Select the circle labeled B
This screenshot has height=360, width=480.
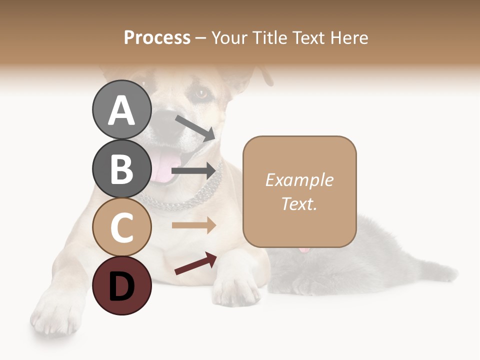pos(121,168)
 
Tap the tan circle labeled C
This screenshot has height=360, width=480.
pos(121,227)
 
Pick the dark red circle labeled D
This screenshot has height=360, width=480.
pos(121,285)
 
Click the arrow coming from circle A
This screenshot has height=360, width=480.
pos(194,128)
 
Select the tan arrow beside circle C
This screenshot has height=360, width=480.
pos(194,225)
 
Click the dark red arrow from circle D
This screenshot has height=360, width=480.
pos(195,263)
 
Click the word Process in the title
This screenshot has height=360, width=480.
pos(157,37)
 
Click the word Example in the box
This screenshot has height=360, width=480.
pos(299,180)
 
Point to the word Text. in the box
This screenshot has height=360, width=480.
pos(299,203)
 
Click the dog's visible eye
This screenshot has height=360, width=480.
pos(201,93)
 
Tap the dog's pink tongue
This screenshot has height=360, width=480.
pos(163,167)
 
